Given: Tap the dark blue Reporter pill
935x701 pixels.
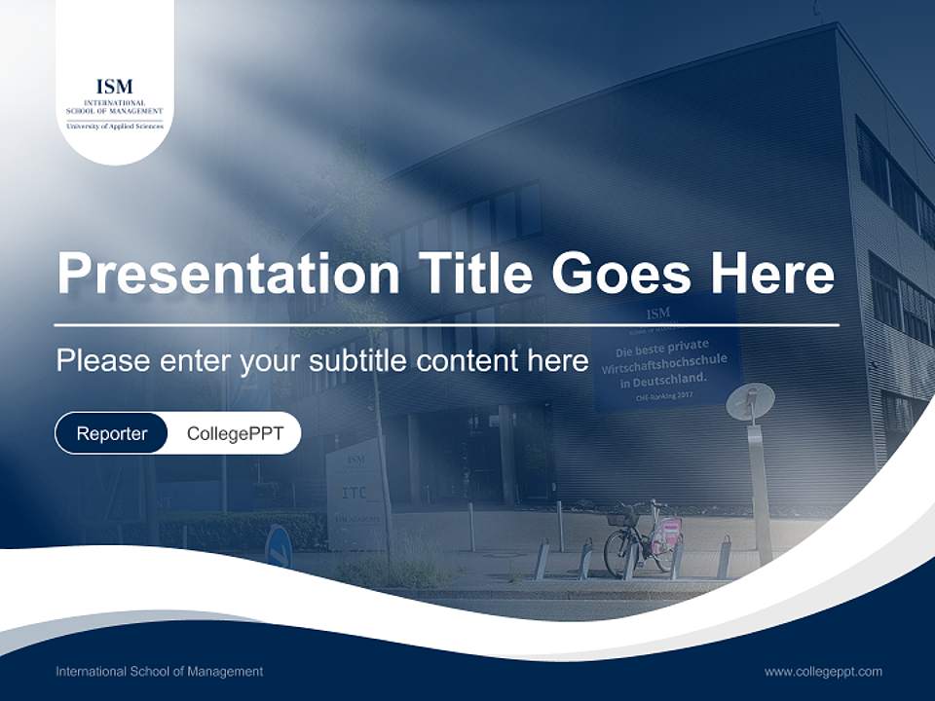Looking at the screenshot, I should tap(111, 433).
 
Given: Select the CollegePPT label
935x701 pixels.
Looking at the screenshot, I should tap(235, 433).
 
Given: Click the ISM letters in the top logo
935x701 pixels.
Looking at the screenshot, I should tap(115, 87).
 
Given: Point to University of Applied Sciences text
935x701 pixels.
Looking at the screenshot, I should tap(115, 127).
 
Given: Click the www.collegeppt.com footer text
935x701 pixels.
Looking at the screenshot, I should tap(823, 671).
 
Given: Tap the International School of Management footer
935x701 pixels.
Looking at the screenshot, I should tap(159, 671).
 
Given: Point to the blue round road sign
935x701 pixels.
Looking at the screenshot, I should tap(279, 546).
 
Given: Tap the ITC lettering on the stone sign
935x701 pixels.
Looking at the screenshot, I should tap(355, 493).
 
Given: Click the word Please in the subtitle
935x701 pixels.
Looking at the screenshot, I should tap(102, 361).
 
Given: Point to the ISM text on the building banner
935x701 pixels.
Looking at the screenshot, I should tap(658, 314).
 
